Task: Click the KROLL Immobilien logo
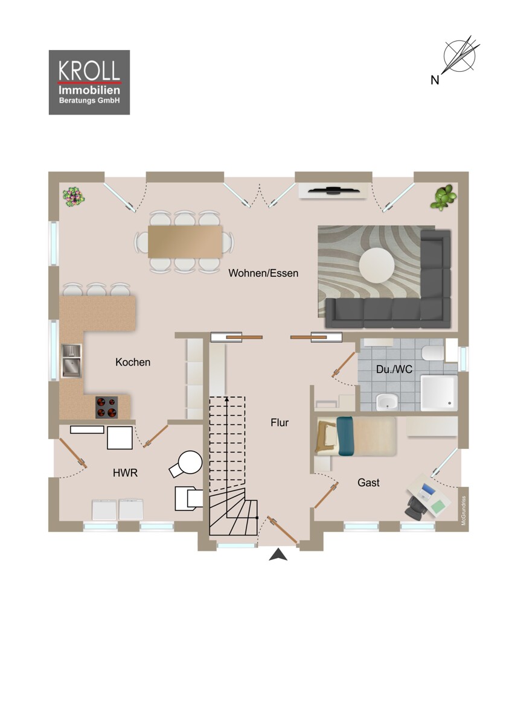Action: coord(89,82)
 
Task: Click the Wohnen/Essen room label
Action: coord(263,273)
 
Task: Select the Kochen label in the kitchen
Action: coord(133,362)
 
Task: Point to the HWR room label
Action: coord(125,474)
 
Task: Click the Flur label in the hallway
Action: coord(280,423)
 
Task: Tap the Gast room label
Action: coord(368,483)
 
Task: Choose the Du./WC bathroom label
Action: coord(394,369)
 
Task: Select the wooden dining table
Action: coord(185,241)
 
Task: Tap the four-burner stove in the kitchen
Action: coord(106,406)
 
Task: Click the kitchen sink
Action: coord(71,360)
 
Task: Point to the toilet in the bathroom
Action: coord(433,354)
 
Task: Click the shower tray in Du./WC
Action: coord(439,392)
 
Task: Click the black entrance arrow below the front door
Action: coord(278,555)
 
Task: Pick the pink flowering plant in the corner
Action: coord(74,195)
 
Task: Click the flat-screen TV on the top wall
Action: coord(334,191)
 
